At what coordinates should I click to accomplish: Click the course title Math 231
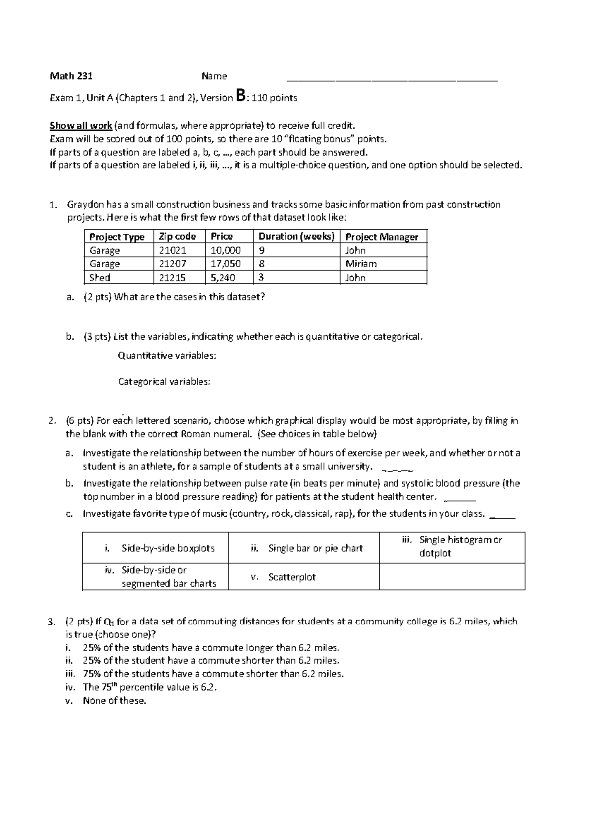coord(71,76)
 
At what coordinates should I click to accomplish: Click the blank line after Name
coord(392,79)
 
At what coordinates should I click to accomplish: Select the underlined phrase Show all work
coord(81,125)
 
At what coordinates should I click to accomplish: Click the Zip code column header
coord(177,237)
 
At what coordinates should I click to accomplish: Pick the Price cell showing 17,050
coord(226,264)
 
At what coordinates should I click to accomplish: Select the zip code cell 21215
coord(172,278)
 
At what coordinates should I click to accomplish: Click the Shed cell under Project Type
coord(99,278)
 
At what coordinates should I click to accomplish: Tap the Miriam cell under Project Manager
coord(361,264)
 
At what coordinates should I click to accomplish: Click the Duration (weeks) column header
coord(297,237)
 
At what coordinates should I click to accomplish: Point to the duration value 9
coord(262,250)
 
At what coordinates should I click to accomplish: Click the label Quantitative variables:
coord(167,356)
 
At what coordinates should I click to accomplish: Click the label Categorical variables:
coord(164,382)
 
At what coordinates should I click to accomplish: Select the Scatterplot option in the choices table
coord(292,577)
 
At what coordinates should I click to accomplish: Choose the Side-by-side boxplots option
coord(168,548)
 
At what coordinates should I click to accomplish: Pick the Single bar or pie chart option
coord(315,548)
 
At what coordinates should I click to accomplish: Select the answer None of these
coord(114,701)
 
